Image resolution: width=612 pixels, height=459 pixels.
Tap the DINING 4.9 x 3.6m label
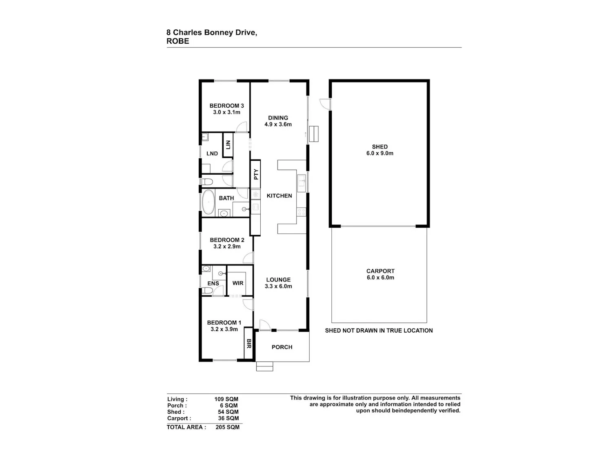click(278, 121)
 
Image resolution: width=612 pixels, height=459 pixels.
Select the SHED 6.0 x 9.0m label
click(380, 150)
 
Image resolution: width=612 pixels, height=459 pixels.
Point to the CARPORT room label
click(380, 271)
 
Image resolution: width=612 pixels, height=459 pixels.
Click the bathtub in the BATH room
click(208, 202)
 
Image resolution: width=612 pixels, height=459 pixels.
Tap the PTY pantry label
click(256, 174)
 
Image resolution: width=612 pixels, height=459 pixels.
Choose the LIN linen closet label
click(228, 145)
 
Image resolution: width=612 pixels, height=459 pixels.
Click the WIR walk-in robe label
click(238, 283)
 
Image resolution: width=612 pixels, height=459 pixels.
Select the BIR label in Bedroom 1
click(249, 344)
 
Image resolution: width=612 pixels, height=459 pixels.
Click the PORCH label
click(282, 347)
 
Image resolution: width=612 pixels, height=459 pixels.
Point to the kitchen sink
click(302, 183)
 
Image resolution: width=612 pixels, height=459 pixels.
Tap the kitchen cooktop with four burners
click(302, 212)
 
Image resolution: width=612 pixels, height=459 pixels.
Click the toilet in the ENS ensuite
click(207, 290)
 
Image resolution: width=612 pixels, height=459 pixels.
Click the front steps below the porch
click(265, 366)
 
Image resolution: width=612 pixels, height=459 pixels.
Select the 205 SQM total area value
click(228, 427)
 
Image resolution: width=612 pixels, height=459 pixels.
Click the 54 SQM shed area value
click(228, 412)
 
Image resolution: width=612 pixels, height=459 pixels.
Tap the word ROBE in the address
click(177, 41)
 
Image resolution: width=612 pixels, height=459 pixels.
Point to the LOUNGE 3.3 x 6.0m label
click(278, 283)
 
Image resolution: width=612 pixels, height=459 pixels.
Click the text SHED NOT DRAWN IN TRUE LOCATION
click(379, 330)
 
